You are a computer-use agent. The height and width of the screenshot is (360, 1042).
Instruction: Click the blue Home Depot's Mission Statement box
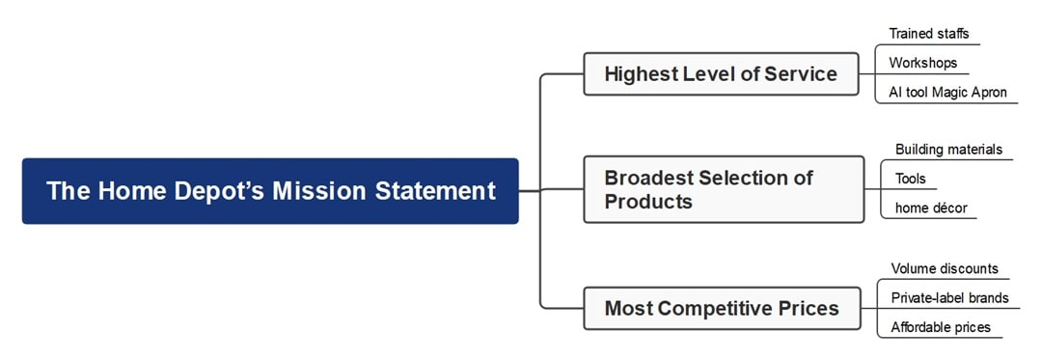[x=270, y=191]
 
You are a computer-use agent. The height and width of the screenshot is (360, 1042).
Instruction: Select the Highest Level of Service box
[x=721, y=74]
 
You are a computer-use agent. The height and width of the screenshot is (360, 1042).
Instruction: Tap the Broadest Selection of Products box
[x=724, y=189]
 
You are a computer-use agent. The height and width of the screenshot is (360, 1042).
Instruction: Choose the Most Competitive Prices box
[x=722, y=309]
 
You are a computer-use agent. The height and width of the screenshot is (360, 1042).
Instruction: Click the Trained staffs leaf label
[x=929, y=34]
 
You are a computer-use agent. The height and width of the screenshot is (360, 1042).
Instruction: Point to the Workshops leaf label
[x=923, y=63]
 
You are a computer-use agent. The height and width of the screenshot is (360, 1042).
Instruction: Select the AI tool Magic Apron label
[x=947, y=93]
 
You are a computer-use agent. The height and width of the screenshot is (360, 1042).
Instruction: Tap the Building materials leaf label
[x=948, y=150]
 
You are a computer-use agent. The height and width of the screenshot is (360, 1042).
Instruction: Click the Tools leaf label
[x=910, y=179]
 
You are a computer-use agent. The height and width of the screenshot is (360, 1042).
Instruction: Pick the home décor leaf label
[x=930, y=208]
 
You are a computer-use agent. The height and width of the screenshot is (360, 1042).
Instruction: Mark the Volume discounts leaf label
[x=945, y=268]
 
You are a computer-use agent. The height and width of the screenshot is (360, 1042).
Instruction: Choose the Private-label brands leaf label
[x=949, y=297]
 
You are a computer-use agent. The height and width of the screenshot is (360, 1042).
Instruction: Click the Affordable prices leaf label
[x=940, y=327]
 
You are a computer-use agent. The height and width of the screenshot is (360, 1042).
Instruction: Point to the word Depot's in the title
[x=217, y=191]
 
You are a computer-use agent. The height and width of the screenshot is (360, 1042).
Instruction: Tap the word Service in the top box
[x=801, y=74]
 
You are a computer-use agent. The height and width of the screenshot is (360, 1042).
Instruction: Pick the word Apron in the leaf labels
[x=986, y=93]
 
